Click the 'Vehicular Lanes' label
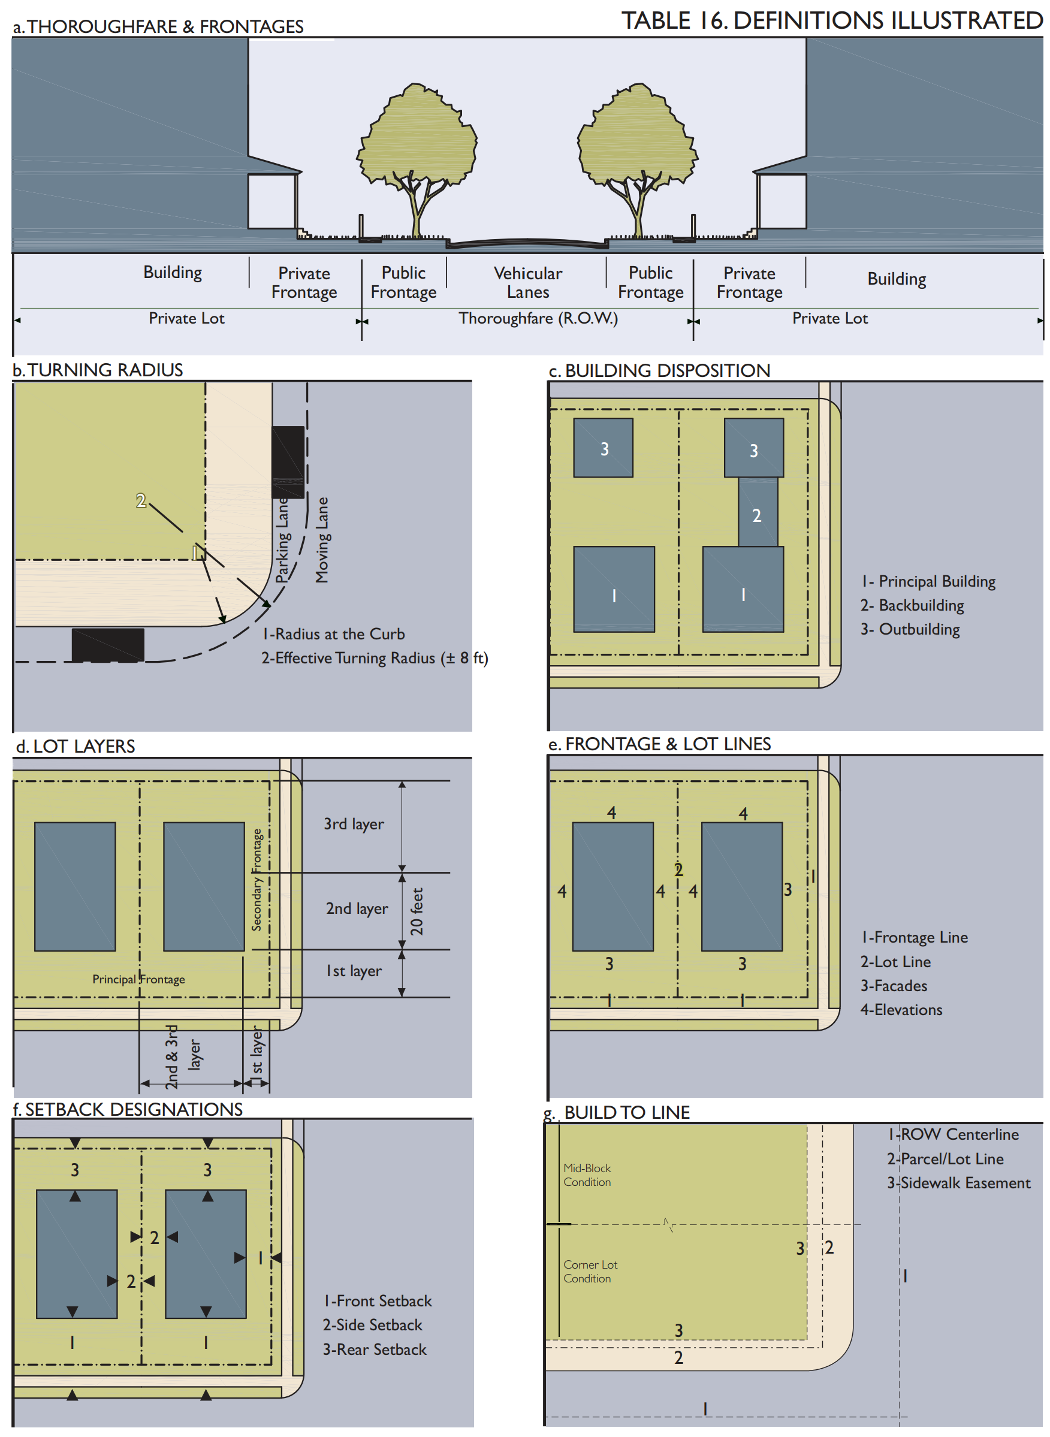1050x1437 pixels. coord(527,282)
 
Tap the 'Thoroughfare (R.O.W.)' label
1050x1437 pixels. coord(538,318)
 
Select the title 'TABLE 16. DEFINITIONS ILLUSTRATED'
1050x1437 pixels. coord(831,20)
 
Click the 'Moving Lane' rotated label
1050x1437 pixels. coord(322,539)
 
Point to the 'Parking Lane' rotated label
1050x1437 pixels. coord(283,541)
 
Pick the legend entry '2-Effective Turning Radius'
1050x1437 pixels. coord(374,658)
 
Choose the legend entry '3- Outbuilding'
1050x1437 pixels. coord(910,629)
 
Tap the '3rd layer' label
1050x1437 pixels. coord(354,824)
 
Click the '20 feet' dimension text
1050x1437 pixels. coord(417,911)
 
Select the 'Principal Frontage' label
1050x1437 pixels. coord(138,979)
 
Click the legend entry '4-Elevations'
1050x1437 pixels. coord(901,1009)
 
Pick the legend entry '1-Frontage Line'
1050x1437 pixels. coord(914,937)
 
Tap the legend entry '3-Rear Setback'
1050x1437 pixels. coord(375,1350)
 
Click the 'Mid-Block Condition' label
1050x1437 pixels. coord(587,1175)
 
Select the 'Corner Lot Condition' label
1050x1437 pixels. coord(590,1271)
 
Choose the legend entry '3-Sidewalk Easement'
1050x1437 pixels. coord(958,1183)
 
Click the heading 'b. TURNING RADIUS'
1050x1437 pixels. coord(98,370)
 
